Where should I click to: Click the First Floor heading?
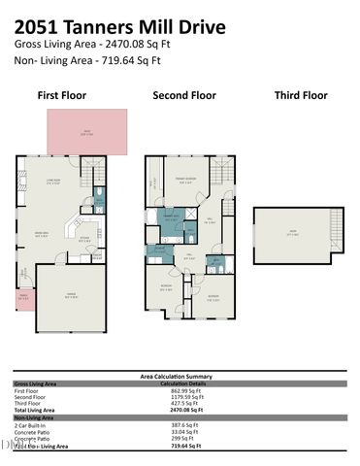[x=61, y=95]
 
